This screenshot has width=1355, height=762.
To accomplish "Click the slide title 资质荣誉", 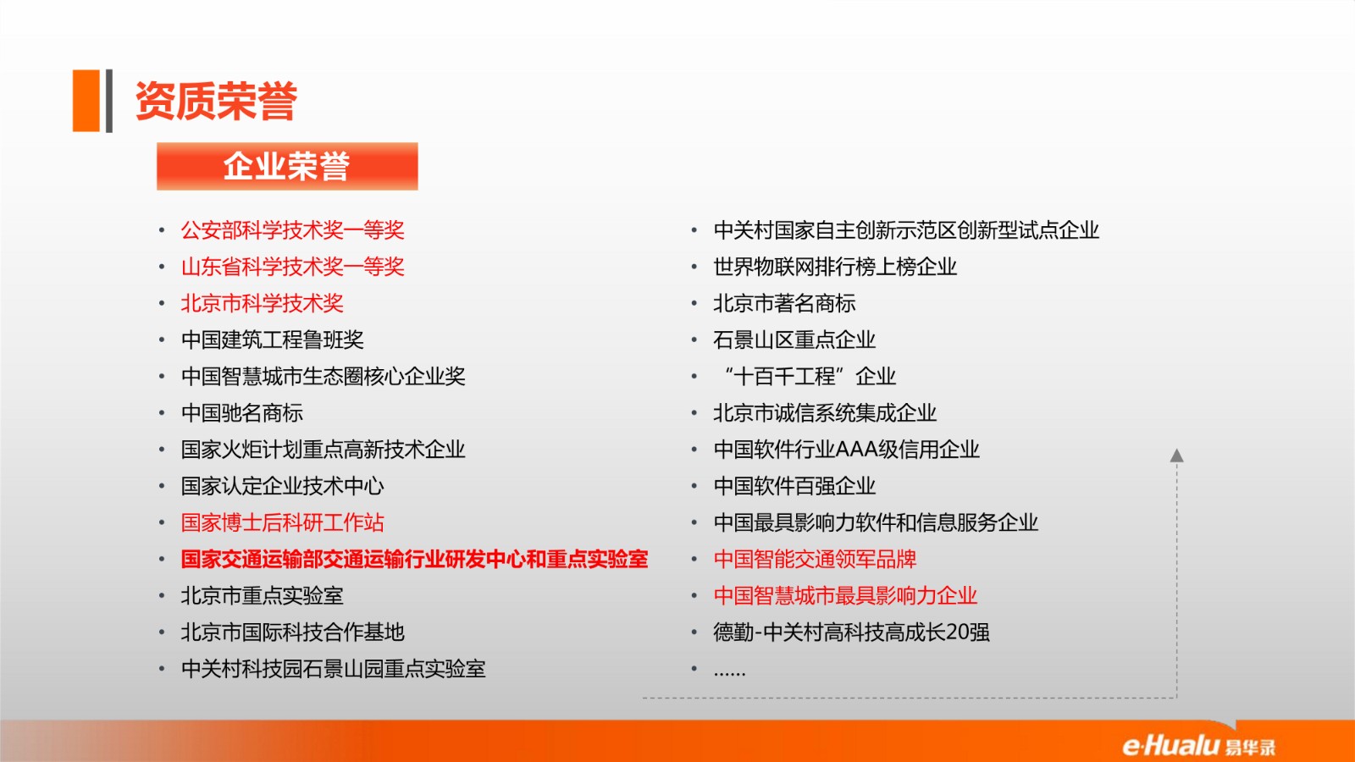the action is (x=216, y=101).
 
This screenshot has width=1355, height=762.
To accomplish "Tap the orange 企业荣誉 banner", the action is (x=287, y=166).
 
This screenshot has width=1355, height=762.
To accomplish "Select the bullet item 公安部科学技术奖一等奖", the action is (x=293, y=230).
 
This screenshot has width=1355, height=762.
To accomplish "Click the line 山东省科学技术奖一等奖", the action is (x=293, y=267).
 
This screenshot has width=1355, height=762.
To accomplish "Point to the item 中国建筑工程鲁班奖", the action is (x=272, y=340).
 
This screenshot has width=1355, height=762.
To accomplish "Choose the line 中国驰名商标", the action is (x=242, y=413).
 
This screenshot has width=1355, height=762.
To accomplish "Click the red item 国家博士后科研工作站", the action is (x=283, y=522).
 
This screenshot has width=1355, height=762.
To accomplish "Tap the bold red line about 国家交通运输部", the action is (x=414, y=560).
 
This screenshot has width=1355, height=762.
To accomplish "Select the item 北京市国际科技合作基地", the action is (x=293, y=632).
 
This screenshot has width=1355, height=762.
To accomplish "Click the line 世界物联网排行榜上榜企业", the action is (x=835, y=267).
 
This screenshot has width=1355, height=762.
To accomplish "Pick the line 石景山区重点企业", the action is (x=794, y=340).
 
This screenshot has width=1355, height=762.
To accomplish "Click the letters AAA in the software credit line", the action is (x=856, y=450).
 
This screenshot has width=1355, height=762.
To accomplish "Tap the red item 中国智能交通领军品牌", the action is (x=815, y=560).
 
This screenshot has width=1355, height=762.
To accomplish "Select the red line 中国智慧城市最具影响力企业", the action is (x=845, y=596).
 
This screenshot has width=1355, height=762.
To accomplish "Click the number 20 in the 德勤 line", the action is (x=958, y=632).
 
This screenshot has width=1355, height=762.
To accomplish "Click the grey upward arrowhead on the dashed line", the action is (x=1176, y=456).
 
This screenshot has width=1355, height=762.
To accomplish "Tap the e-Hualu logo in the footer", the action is (x=1199, y=746).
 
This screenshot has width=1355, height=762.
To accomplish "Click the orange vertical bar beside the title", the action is (x=86, y=101).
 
